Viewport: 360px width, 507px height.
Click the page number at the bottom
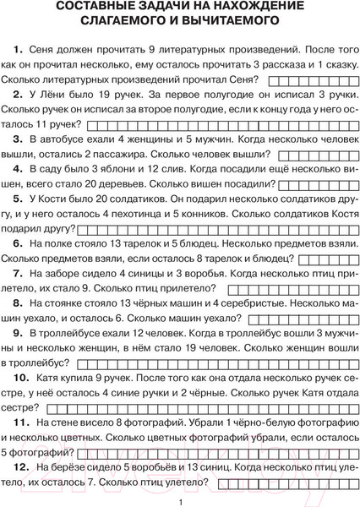pyautogui.click(x=180, y=501)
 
